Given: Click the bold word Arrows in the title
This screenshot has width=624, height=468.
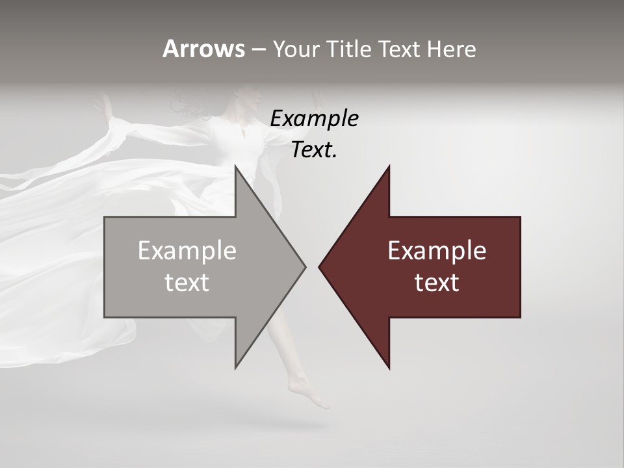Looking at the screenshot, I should (203, 49).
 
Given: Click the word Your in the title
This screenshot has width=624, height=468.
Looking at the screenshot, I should (296, 49).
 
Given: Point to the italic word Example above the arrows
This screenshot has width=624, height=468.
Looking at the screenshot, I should (315, 119).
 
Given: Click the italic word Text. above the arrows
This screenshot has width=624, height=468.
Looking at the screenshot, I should (315, 150).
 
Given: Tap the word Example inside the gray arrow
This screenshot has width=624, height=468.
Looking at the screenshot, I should (187, 251).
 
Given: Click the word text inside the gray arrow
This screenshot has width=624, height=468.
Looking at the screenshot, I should (187, 283).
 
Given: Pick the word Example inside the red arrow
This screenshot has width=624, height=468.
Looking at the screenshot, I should (437, 251).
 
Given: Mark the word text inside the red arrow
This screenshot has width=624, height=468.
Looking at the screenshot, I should (437, 283).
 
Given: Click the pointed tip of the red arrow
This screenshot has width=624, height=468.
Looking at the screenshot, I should (320, 266).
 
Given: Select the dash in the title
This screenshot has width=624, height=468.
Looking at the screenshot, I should (258, 49).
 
